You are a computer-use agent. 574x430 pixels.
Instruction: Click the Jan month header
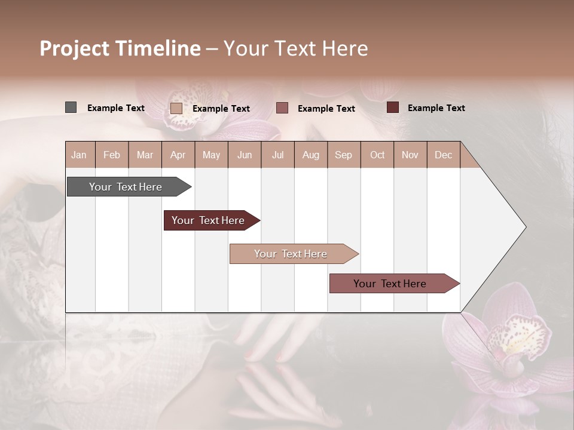[79, 155]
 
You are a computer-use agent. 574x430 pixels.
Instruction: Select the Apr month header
[178, 155]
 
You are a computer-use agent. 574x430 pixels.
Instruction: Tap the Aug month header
[310, 155]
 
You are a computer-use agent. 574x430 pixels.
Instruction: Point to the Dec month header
[443, 155]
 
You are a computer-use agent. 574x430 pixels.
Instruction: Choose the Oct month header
[377, 155]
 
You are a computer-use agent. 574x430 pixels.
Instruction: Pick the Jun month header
[245, 155]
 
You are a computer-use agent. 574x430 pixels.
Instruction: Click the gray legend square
[71, 107]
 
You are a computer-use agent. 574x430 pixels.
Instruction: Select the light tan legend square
[176, 108]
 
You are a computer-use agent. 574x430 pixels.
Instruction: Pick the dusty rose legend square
[282, 108]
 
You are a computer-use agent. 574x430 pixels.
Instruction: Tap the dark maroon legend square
[393, 107]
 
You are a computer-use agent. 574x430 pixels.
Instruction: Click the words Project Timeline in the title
[120, 48]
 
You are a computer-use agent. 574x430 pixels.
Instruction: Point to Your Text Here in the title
[295, 48]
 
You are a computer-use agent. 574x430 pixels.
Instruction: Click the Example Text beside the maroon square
[436, 108]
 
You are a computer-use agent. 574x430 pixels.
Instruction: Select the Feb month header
[112, 155]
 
